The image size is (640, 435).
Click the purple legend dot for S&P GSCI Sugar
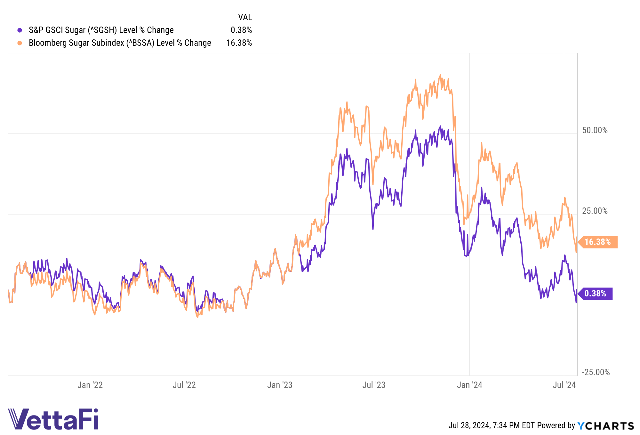pos(20,30)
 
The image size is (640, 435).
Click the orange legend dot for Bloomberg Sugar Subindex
pos(20,43)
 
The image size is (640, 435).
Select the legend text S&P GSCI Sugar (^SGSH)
pos(101,30)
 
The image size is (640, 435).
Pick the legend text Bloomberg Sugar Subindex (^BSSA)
pos(120,43)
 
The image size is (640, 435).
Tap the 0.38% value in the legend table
pos(241,30)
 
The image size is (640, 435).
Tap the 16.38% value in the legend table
pos(239,43)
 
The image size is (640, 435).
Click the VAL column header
pos(245,17)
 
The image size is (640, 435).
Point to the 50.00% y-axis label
pos(595,130)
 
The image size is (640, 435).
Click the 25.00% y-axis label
pos(595,211)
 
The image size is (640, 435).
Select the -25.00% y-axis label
pos(596,372)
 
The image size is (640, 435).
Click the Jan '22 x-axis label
pos(90,385)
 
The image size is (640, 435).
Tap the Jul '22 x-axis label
pos(184,385)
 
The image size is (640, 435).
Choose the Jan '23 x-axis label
pos(280,385)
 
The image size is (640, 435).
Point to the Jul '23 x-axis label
pos(374,385)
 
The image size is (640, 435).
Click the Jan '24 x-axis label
pos(469,385)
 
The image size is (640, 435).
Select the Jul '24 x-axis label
pos(564,385)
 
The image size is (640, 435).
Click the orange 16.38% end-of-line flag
pos(598,242)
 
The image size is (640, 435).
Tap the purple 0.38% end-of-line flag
pos(596,294)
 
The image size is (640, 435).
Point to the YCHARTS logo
pos(605,426)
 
